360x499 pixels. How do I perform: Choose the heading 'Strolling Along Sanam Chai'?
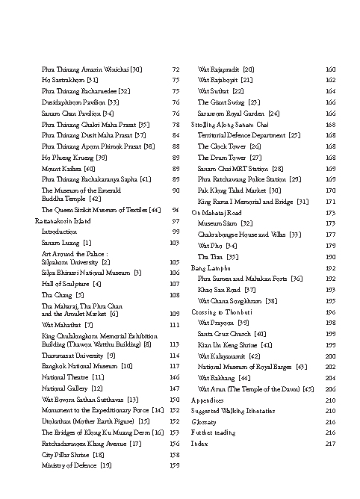231,124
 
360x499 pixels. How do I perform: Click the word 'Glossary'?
204,421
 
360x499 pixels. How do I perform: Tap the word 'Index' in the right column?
199,444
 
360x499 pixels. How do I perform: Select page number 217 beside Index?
331,444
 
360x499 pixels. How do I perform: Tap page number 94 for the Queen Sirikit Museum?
176,211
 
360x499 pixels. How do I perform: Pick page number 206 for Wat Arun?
331,388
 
